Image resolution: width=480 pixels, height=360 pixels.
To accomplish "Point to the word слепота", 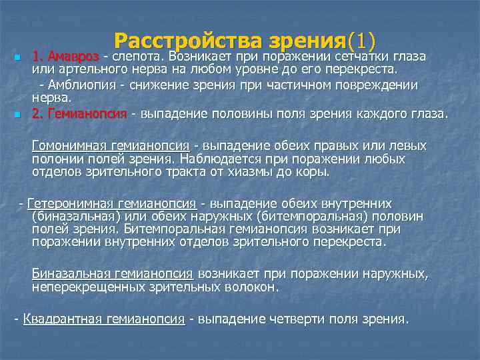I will (139, 55).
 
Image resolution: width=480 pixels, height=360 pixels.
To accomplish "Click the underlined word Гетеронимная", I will (70, 203).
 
